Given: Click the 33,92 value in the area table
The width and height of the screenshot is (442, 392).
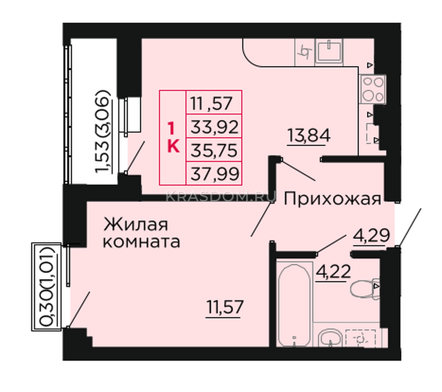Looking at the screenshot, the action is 214,127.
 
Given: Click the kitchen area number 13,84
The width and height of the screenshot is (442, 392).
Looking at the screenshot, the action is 309,136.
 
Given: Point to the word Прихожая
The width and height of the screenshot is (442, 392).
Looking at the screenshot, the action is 333,198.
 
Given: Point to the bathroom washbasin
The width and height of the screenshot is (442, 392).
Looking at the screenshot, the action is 331,338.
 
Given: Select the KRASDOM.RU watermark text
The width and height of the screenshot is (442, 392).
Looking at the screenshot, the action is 221,197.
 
